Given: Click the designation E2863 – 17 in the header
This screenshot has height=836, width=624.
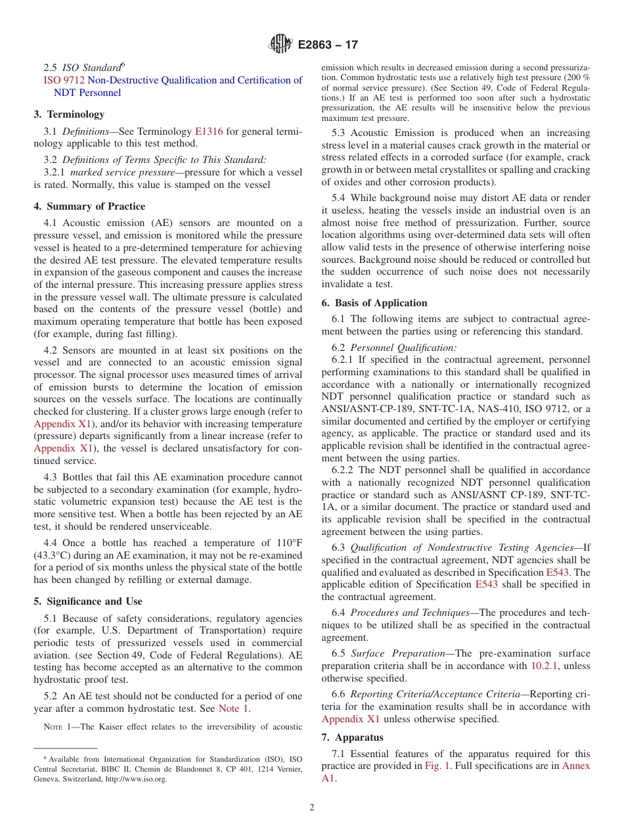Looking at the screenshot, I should (328, 45).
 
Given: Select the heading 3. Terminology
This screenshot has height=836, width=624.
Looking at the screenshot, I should (69, 114).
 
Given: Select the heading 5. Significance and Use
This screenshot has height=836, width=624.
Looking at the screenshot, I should (88, 601).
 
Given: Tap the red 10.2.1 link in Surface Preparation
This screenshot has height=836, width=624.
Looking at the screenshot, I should (545, 666).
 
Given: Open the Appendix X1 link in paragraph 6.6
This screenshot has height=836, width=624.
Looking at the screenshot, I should (350, 719).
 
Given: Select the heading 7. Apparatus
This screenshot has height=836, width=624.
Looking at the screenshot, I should (352, 737).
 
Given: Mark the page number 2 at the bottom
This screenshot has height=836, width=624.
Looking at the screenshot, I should (312, 808).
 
